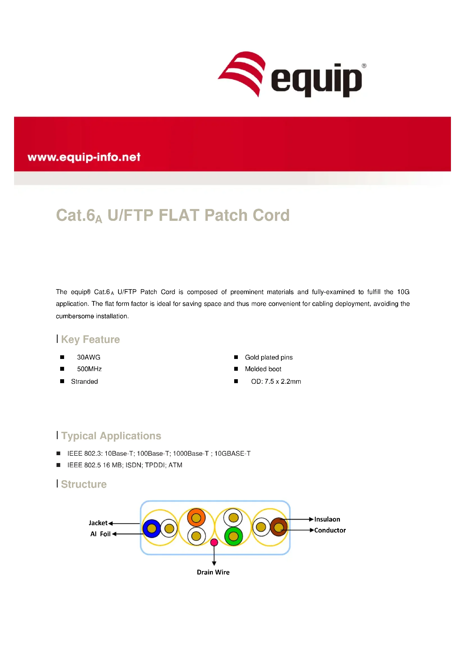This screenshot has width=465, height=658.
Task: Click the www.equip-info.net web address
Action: coord(84,157)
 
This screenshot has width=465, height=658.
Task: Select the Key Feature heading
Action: coord(90,339)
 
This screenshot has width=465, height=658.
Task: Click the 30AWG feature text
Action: coord(89,357)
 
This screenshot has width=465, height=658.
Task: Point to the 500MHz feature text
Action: coord(89,369)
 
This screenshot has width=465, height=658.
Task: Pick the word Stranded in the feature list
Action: coord(84,381)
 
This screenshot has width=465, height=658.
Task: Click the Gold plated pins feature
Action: coord(268,357)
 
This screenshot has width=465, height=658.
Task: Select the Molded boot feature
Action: coord(263,369)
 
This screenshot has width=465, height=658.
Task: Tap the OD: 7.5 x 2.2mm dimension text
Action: coord(276,381)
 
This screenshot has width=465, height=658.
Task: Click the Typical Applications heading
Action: coord(111,435)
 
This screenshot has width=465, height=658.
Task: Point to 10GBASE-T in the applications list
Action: coord(232,453)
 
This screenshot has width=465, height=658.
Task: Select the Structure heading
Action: coord(83,484)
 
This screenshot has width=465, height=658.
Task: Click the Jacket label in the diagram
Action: coord(98,523)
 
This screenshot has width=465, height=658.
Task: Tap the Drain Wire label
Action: coord(213,572)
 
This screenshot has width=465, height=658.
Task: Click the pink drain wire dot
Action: coord(214,542)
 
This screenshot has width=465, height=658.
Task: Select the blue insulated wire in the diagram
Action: coord(152,528)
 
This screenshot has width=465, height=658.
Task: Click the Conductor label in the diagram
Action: coord(330,530)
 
